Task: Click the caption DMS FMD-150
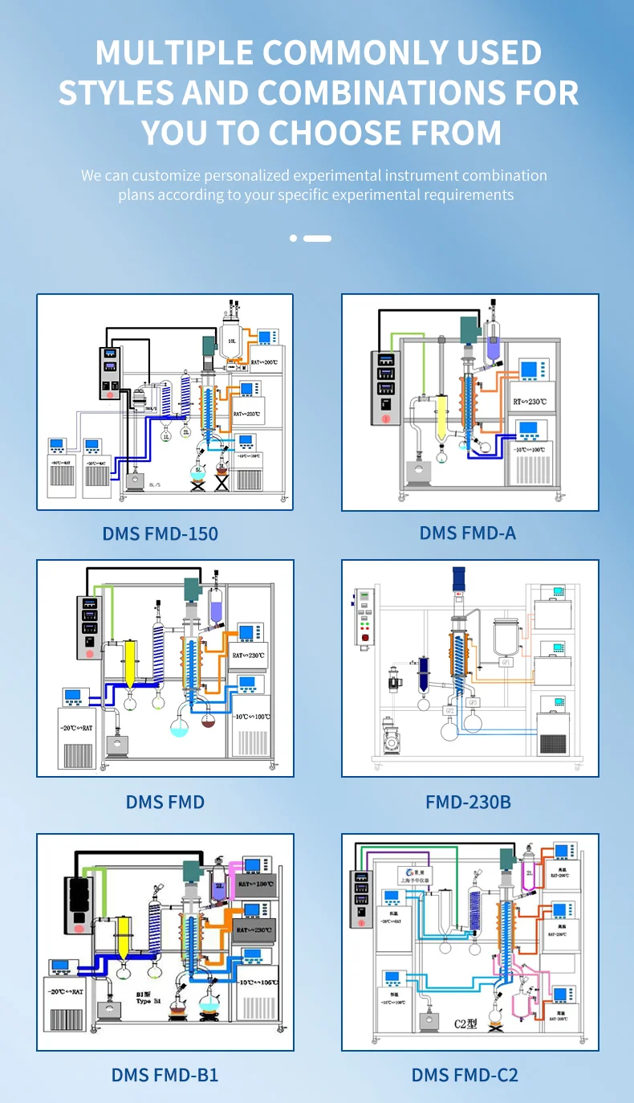click(160, 533)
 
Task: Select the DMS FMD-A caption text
click(467, 533)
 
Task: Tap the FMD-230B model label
click(468, 801)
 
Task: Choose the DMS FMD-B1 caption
click(165, 1075)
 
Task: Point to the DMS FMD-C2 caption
click(465, 1075)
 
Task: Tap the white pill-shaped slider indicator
click(317, 239)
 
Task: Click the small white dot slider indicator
click(294, 239)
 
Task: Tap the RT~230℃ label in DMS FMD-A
click(529, 401)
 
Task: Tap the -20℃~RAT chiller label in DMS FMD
click(77, 727)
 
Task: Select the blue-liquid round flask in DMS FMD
click(179, 727)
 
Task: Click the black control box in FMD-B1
click(80, 904)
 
